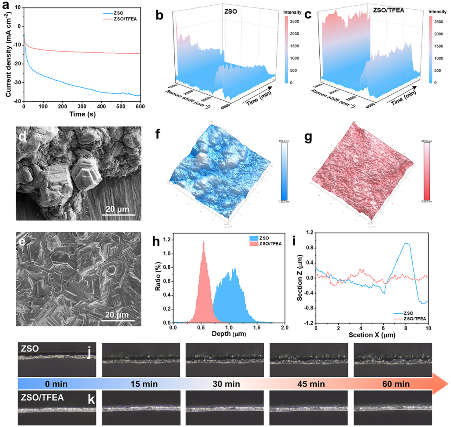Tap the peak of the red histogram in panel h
(203, 242)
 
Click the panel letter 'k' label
(92, 401)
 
